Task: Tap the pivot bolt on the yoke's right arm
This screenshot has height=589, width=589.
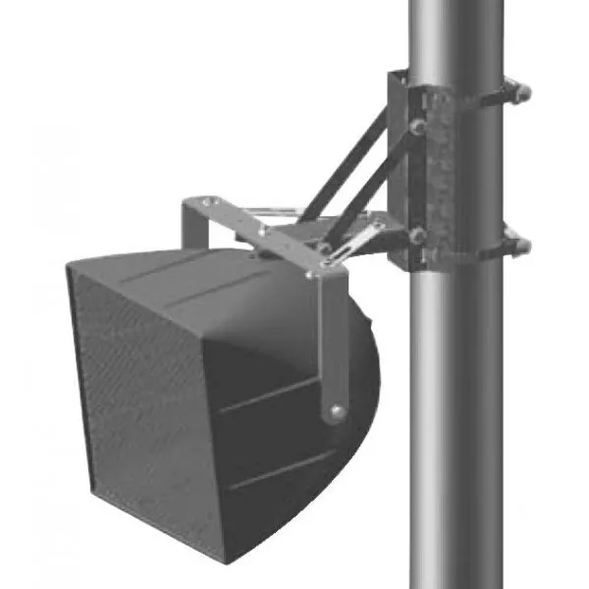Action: click(x=337, y=411)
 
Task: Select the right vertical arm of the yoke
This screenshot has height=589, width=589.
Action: click(x=334, y=344)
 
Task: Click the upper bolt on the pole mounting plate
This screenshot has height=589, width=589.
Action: click(x=417, y=127)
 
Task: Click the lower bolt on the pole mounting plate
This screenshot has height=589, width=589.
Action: click(x=417, y=236)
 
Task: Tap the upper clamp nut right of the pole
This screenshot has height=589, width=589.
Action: click(x=521, y=92)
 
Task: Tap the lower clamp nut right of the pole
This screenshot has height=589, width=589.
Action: click(x=521, y=244)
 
